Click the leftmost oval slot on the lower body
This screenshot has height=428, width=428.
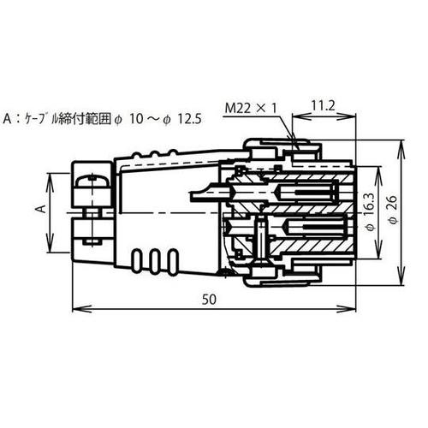tap(140, 259)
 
